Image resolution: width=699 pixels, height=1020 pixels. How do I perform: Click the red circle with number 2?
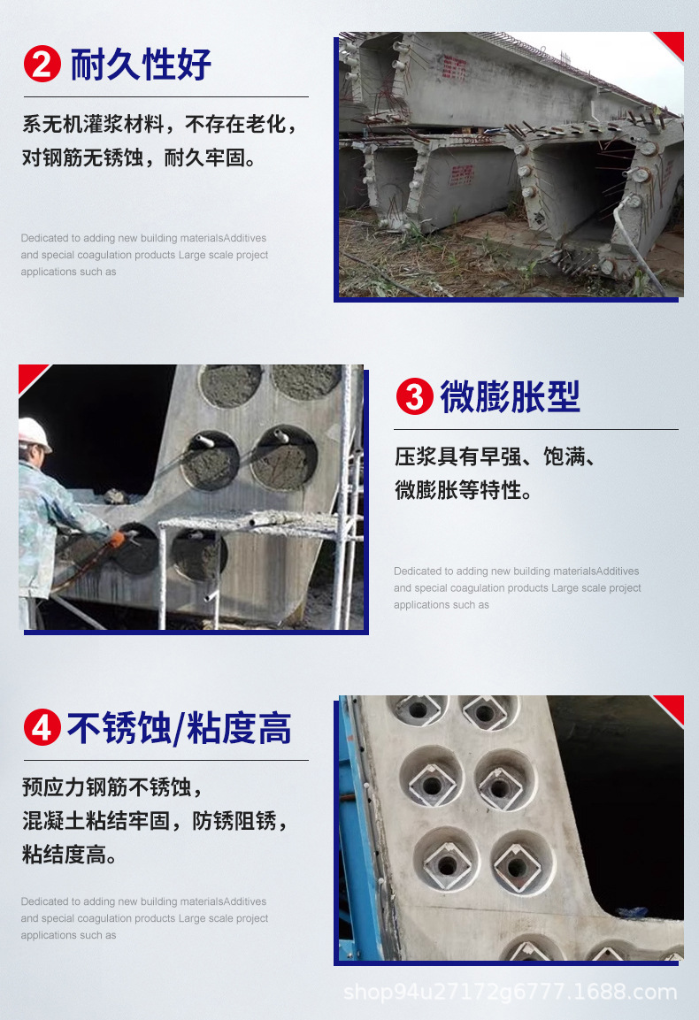point(42,65)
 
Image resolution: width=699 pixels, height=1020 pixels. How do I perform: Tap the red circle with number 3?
point(413,397)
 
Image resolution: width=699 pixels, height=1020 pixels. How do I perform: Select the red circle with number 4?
point(42,729)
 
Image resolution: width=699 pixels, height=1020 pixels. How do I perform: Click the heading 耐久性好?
point(141,65)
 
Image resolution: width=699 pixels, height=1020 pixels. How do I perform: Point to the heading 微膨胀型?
point(510,397)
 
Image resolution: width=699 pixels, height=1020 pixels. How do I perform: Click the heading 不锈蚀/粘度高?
point(179,729)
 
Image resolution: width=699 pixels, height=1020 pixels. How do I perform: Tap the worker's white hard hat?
point(35,433)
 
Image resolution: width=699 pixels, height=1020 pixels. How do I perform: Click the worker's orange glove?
point(116,538)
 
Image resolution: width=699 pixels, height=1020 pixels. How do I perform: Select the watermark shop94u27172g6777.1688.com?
point(510,992)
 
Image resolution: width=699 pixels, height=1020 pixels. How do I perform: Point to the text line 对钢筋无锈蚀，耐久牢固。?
point(140,158)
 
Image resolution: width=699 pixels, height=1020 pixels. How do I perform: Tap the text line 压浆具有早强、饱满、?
point(495,457)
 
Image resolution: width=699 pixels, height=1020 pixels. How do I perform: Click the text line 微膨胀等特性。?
point(464,490)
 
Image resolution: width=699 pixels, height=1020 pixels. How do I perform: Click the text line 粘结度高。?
point(70,855)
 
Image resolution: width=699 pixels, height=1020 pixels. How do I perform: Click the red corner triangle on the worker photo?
point(31,376)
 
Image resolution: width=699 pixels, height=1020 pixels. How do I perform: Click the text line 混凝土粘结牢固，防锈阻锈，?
point(155,821)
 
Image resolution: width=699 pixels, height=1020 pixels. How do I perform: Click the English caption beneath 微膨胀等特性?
point(517,587)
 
